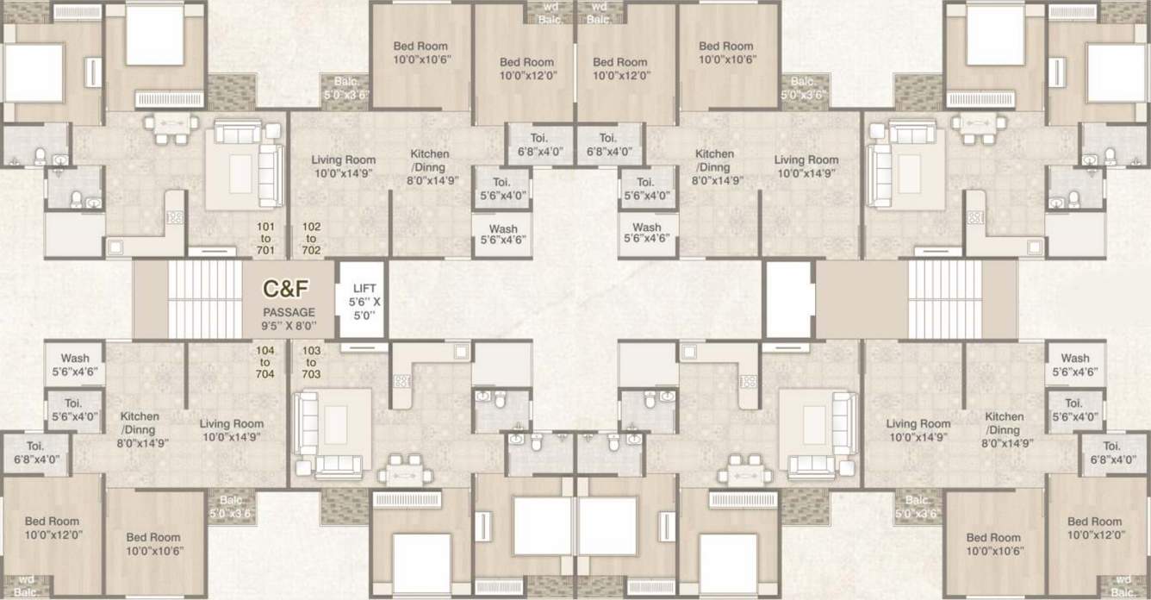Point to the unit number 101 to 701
pyautogui.click(x=265, y=239)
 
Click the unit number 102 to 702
pyautogui.click(x=311, y=239)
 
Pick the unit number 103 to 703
pyautogui.click(x=311, y=362)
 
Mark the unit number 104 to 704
pyautogui.click(x=265, y=362)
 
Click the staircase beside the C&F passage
pyautogui.click(x=205, y=299)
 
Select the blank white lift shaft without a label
pyautogui.click(x=789, y=299)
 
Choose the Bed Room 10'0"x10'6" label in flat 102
pyautogui.click(x=422, y=53)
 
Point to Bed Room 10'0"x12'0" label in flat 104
pyautogui.click(x=52, y=528)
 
